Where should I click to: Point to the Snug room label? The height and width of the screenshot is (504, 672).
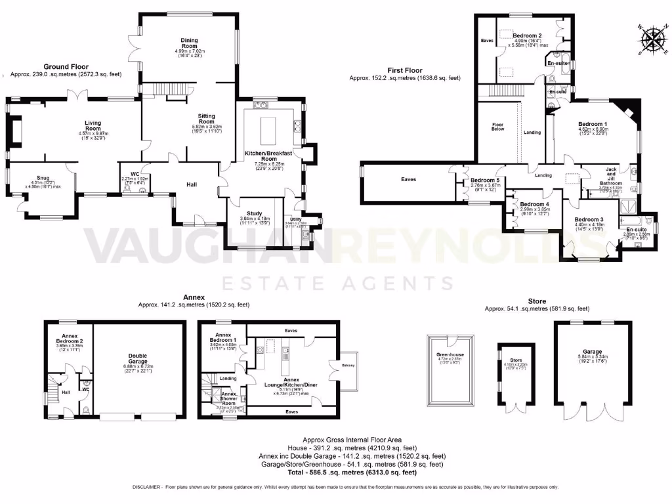[43, 178]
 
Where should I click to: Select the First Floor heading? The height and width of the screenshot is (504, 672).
[404, 70]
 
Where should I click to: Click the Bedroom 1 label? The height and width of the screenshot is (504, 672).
[593, 124]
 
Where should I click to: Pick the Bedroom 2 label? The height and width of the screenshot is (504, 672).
[527, 35]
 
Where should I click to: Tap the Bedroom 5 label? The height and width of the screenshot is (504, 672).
[486, 180]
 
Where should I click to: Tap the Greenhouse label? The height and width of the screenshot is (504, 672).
[450, 354]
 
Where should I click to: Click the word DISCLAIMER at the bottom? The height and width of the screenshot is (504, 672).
[152, 487]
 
